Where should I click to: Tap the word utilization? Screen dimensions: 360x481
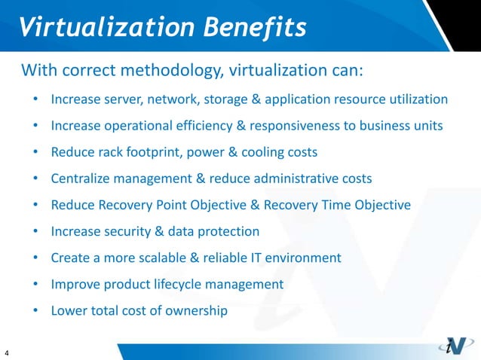(x=418, y=99)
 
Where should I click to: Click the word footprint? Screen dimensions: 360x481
(x=152, y=152)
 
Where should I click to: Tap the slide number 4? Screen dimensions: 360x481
(x=7, y=352)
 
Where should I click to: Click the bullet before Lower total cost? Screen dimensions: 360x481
(x=36, y=310)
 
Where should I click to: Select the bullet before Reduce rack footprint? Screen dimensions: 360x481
(x=36, y=152)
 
